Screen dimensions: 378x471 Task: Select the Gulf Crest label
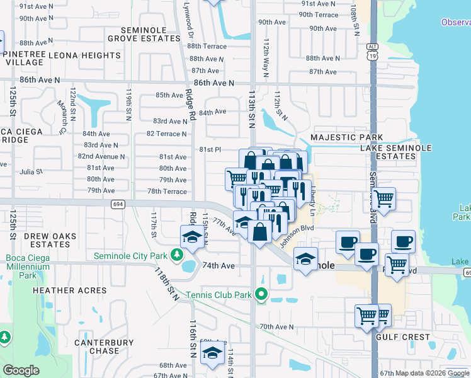click(402, 337)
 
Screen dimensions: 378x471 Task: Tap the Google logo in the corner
click(21, 370)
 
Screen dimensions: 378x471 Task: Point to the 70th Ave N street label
click(276, 327)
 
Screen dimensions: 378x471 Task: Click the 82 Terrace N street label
click(166, 134)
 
